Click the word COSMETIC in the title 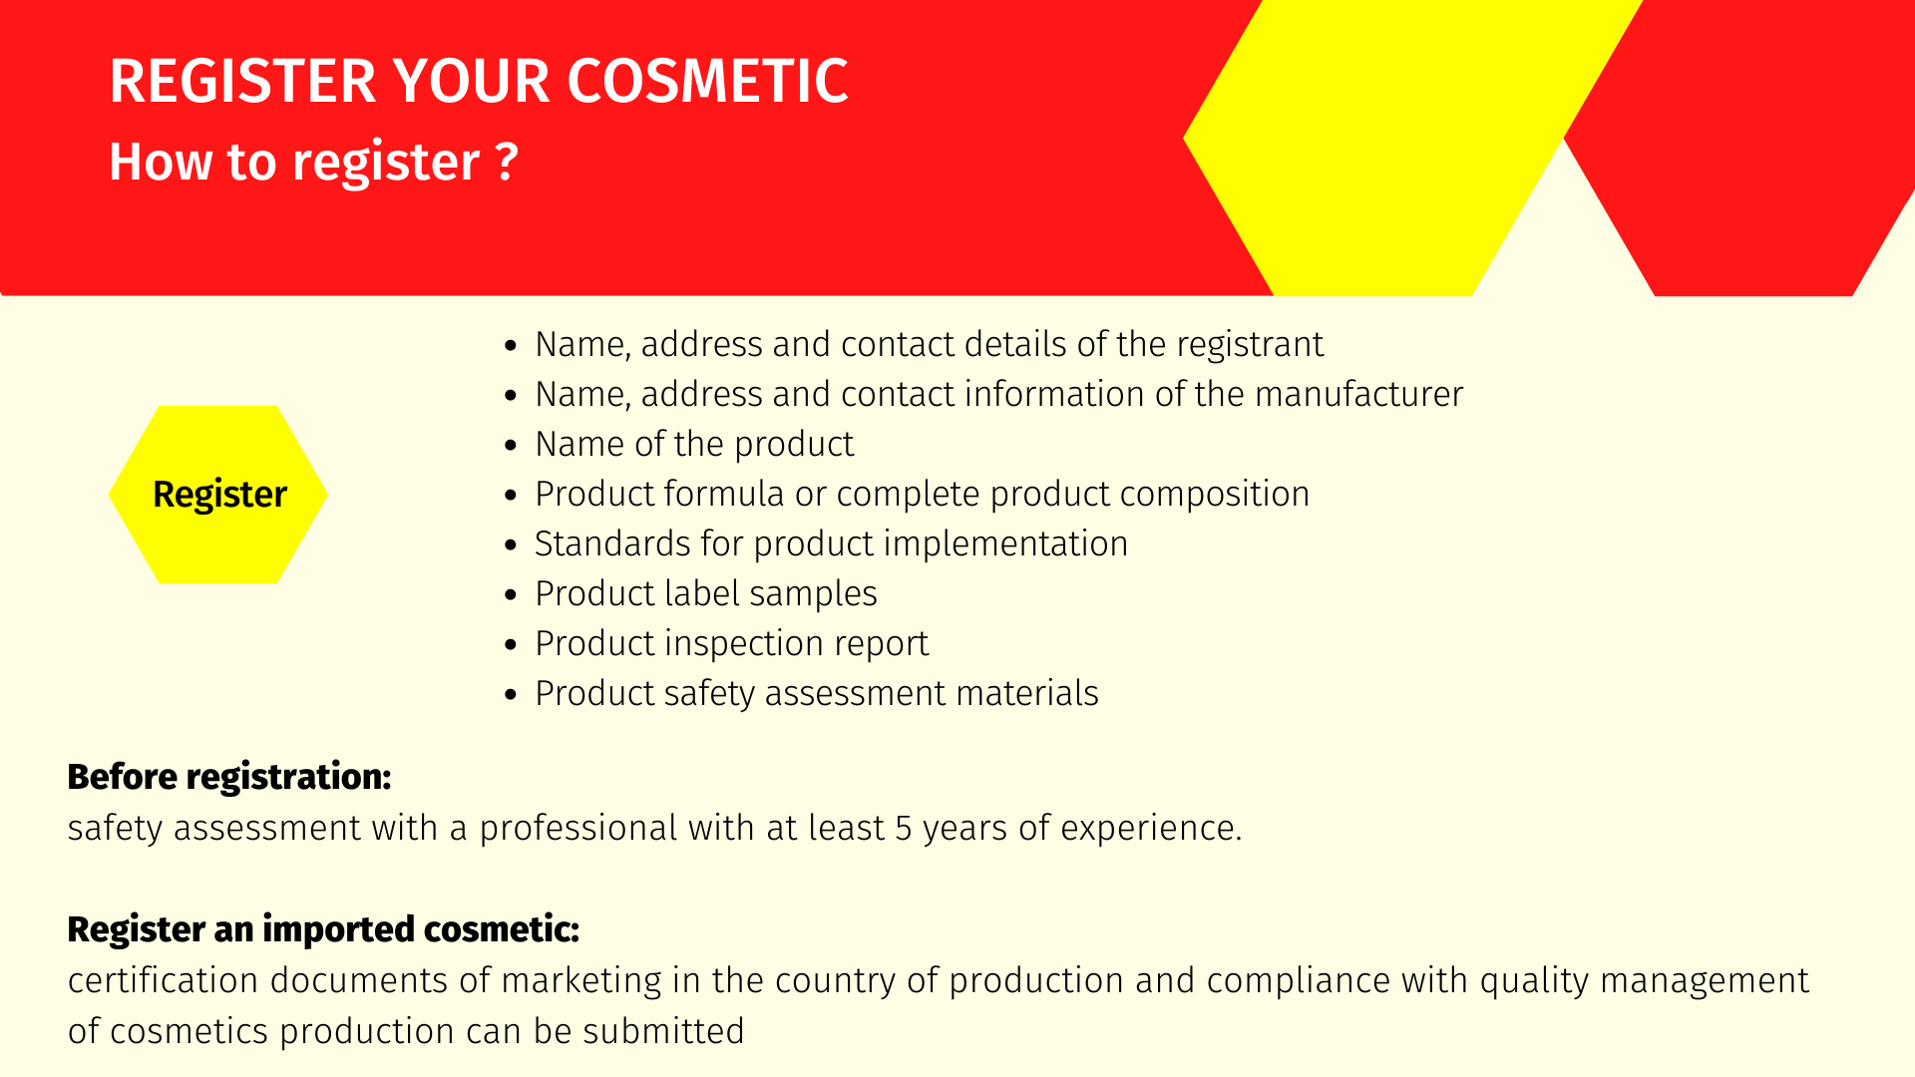tap(708, 81)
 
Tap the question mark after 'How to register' tap(507, 161)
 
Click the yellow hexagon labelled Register tap(218, 495)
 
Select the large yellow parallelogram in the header tap(1412, 148)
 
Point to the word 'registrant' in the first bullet tap(1250, 345)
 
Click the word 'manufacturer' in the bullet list tap(1358, 394)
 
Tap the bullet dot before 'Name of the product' tap(512, 446)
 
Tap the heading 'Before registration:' tap(229, 777)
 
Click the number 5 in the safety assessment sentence tap(904, 828)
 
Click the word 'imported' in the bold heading tap(338, 929)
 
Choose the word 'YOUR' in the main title tap(471, 81)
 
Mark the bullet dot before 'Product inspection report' tap(512, 645)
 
